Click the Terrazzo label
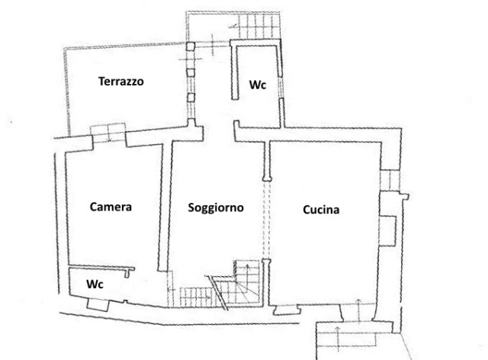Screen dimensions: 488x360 pyautogui.click(x=121, y=82)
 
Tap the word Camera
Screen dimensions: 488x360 pyautogui.click(x=111, y=207)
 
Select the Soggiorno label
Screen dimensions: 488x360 pyautogui.click(x=216, y=207)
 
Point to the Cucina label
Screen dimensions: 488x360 pyautogui.click(x=321, y=210)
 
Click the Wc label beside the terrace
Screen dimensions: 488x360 pyautogui.click(x=258, y=85)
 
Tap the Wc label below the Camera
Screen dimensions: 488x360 pyautogui.click(x=95, y=284)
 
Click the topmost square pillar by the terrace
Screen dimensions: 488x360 pyautogui.click(x=191, y=47)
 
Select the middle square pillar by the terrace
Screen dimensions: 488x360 pyautogui.click(x=191, y=72)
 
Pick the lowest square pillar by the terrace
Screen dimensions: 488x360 pyautogui.click(x=191, y=98)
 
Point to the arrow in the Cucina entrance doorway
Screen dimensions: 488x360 pyautogui.click(x=358, y=310)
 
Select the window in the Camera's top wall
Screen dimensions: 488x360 pyautogui.click(x=109, y=134)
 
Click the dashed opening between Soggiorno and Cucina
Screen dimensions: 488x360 pyautogui.click(x=267, y=220)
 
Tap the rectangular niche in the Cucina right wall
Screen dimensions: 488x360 pyautogui.click(x=388, y=231)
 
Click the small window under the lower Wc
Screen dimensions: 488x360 pyautogui.click(x=98, y=304)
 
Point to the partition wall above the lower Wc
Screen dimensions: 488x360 pyautogui.click(x=102, y=268)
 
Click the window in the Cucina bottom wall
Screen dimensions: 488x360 pyautogui.click(x=287, y=310)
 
